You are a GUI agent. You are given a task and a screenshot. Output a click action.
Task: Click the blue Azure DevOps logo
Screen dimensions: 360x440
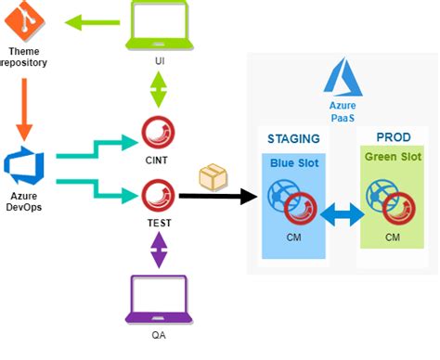[23, 164]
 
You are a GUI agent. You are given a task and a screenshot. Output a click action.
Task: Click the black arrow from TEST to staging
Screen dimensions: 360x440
[218, 197]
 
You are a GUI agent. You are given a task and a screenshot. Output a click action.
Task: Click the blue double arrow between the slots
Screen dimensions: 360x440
[343, 215]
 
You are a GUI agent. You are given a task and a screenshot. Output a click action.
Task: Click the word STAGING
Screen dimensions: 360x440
[293, 138]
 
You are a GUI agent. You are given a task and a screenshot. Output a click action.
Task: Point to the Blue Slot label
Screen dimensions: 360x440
[293, 163]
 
